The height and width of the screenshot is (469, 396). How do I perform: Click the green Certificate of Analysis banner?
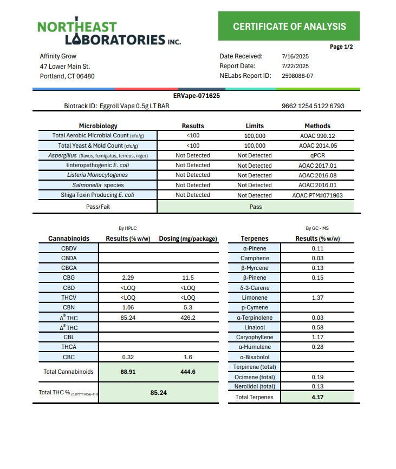point(289,26)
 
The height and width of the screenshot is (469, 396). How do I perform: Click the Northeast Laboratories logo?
point(108,33)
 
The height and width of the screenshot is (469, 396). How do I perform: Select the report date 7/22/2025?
point(295,66)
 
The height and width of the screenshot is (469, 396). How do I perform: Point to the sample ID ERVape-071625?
point(196,96)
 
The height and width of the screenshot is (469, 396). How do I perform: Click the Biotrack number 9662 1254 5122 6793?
point(313,106)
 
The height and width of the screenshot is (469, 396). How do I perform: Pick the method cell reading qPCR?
point(317,155)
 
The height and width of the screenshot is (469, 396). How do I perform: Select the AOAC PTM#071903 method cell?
point(317,195)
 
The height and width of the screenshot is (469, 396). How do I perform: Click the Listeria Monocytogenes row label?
point(98,175)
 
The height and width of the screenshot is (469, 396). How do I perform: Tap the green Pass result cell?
point(255,207)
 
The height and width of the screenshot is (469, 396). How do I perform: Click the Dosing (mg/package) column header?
point(188,239)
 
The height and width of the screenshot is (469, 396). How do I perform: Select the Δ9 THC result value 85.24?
point(128,318)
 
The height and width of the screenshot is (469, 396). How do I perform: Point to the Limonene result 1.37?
point(317,298)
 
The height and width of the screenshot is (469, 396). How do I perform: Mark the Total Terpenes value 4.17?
point(317,397)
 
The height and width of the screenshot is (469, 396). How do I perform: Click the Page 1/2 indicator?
point(341,47)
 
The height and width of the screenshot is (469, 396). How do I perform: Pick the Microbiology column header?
point(98,126)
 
